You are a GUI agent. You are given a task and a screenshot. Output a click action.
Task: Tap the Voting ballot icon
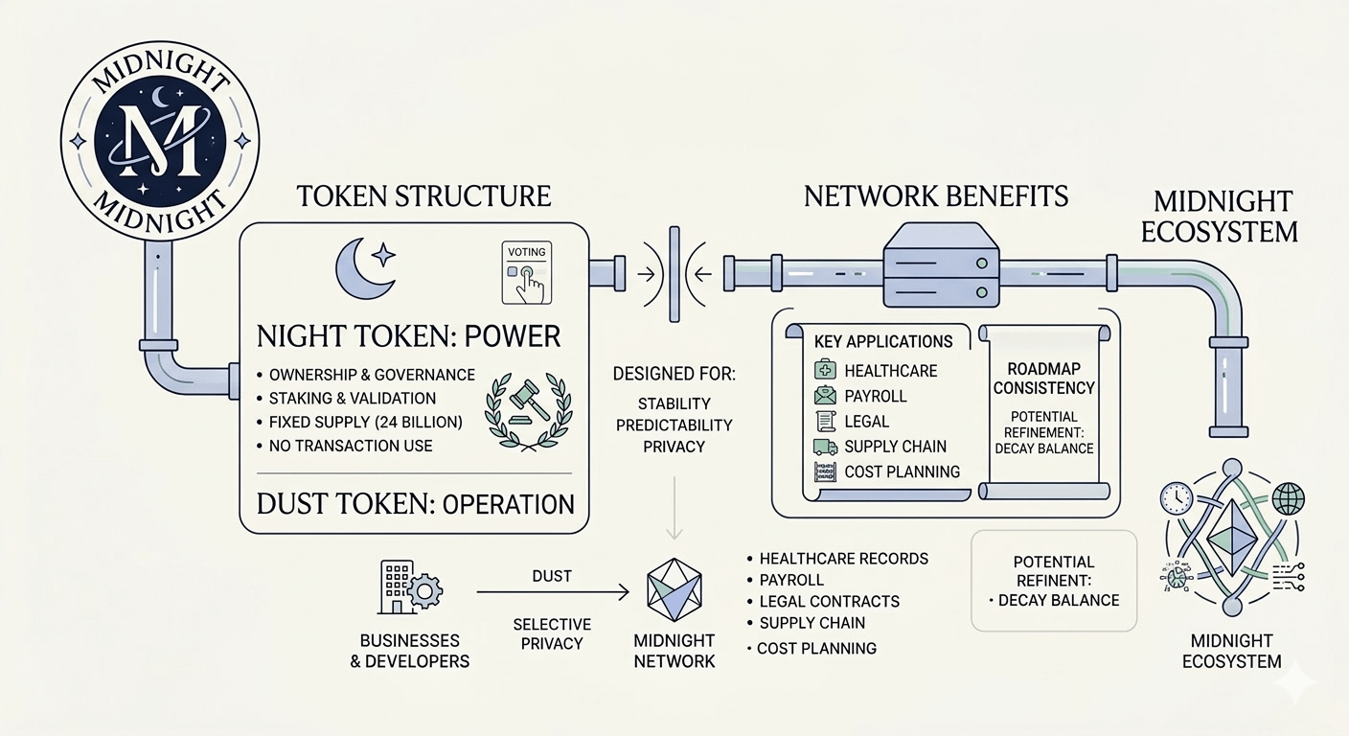523,272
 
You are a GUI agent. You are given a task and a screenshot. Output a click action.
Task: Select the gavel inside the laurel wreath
522,407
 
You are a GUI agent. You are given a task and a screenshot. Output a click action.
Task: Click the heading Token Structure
423,196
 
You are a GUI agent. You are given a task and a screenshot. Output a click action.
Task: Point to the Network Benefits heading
936,196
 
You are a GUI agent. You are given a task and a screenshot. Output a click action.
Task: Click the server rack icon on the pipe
937,264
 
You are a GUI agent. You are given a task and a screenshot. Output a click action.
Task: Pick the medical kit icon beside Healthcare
824,370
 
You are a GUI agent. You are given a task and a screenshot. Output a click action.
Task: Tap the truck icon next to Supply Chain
824,447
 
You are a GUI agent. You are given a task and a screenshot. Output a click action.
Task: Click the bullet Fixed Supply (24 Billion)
367,422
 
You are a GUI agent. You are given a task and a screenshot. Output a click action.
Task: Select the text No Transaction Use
350,446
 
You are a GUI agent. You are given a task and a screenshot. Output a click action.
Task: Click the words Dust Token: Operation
415,503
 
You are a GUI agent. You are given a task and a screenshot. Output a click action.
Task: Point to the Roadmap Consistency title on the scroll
1043,378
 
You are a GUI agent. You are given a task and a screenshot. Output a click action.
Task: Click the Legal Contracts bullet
829,602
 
